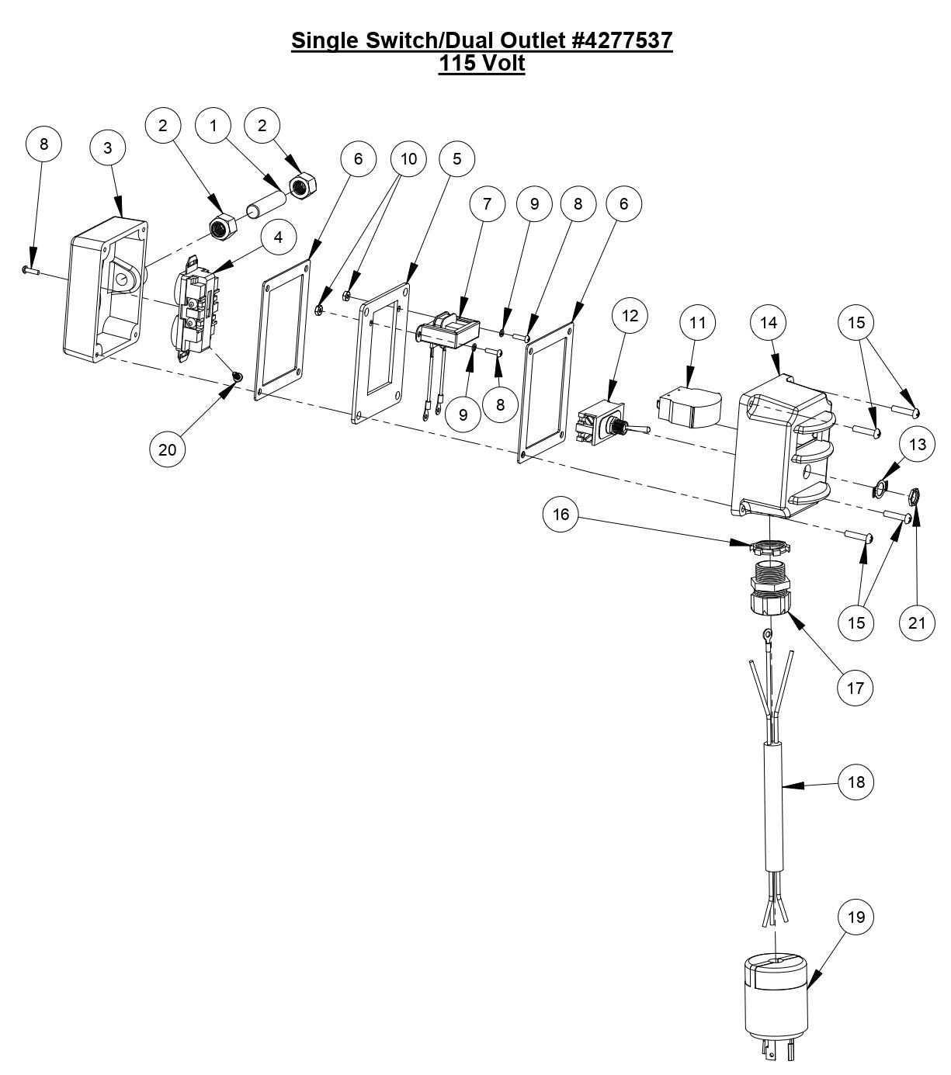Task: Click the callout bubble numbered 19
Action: [x=856, y=917]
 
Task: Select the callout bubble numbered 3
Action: [x=108, y=147]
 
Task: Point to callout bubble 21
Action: [x=917, y=622]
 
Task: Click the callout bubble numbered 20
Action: [x=168, y=449]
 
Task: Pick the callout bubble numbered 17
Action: [x=856, y=688]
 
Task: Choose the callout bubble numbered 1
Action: [x=213, y=125]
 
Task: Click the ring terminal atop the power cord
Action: [x=767, y=636]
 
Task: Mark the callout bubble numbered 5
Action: [x=456, y=158]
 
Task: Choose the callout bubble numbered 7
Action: [x=488, y=204]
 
